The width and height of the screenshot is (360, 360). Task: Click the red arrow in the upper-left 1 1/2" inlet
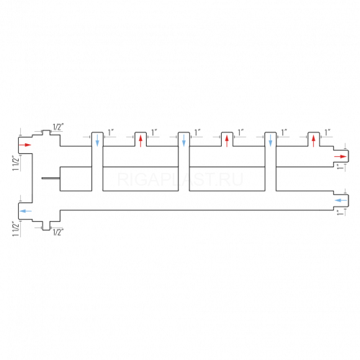[25, 145]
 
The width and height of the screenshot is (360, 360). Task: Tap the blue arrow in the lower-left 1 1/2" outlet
[25, 211]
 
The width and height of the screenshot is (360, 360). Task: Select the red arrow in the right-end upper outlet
[341, 157]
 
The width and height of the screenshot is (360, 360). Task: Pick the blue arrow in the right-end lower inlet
[341, 200]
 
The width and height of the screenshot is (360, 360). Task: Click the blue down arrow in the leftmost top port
[97, 140]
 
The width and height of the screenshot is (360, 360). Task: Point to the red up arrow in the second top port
[140, 141]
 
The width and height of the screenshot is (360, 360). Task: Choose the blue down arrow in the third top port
[184, 140]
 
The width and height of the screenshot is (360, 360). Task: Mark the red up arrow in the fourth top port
[227, 141]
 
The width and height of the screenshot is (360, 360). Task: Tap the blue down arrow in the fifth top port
[271, 140]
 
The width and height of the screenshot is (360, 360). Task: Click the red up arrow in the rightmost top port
[313, 141]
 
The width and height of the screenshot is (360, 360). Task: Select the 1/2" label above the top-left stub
[58, 127]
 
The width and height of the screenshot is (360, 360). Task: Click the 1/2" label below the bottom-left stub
[58, 232]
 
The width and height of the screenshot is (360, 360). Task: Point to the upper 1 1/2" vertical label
[16, 163]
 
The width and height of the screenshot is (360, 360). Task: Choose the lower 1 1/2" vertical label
[16, 229]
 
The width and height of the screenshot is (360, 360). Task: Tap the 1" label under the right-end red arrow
[340, 167]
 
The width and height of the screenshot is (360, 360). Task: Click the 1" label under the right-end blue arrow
[340, 212]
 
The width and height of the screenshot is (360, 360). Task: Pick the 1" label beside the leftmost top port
[111, 132]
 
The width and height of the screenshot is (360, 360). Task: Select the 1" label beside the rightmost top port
[328, 132]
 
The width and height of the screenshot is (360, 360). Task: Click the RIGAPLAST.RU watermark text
[180, 179]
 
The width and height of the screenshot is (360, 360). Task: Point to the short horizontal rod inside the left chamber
[51, 179]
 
